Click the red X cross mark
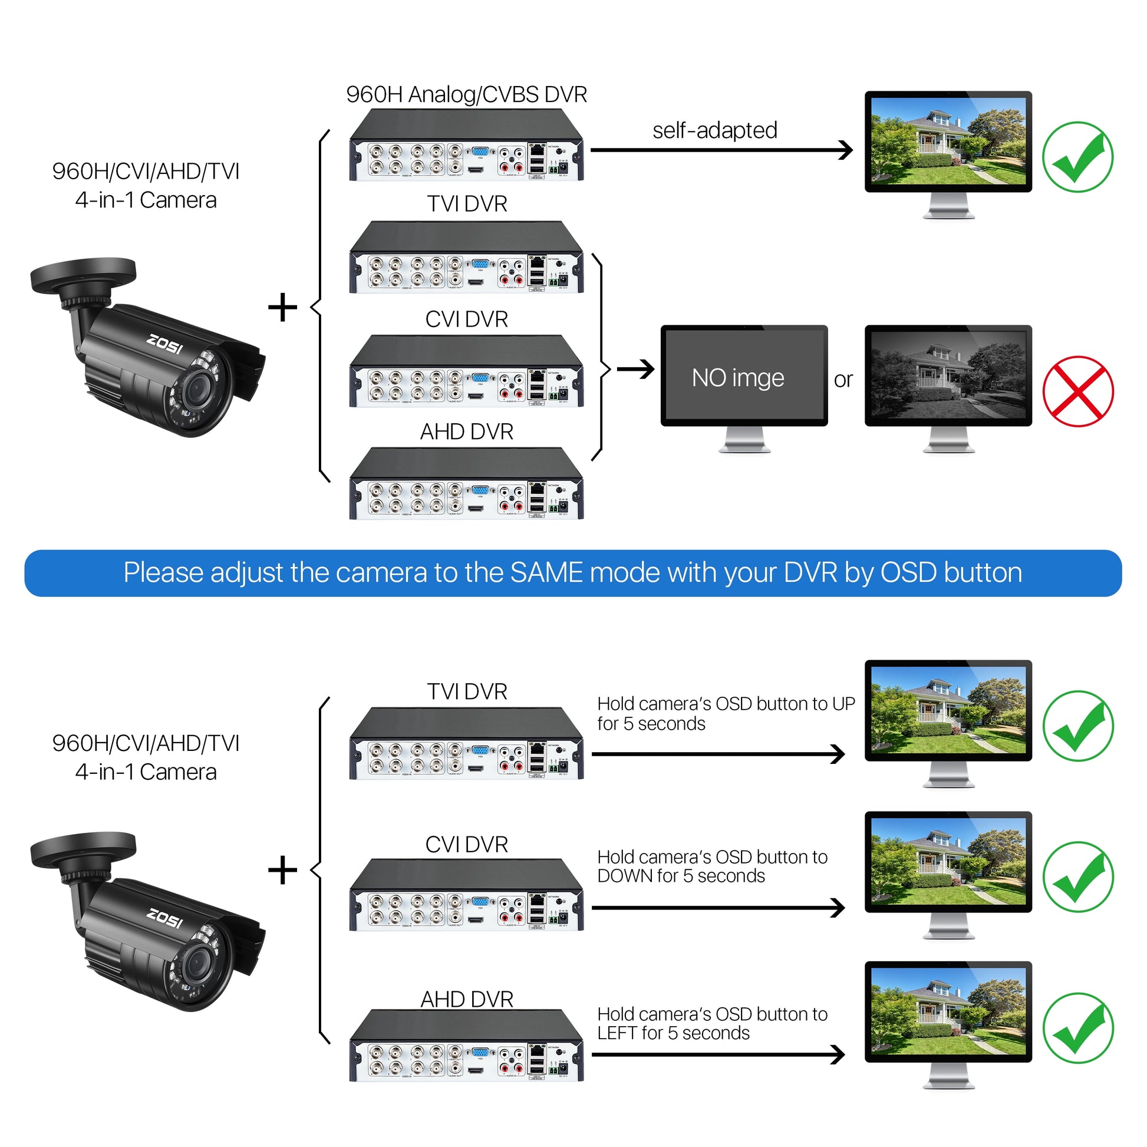click(x=1077, y=391)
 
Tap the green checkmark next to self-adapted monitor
click(x=1077, y=157)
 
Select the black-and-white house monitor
click(x=948, y=376)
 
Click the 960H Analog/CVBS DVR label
click(x=467, y=95)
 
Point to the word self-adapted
click(x=715, y=131)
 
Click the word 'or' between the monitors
click(x=843, y=380)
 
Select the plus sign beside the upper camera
click(x=282, y=308)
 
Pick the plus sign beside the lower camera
click(x=282, y=871)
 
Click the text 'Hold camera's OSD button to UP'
click(x=726, y=704)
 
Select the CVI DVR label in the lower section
click(x=467, y=845)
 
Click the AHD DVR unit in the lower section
click(x=467, y=1048)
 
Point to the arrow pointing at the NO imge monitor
click(x=635, y=370)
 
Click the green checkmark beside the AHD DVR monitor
click(x=1077, y=1029)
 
